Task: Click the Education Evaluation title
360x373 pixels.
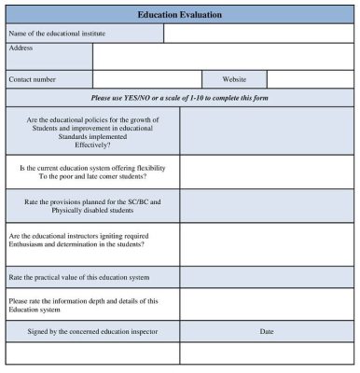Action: (x=179, y=15)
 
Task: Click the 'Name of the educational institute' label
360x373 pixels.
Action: (x=57, y=34)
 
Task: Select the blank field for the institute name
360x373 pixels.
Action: (x=258, y=34)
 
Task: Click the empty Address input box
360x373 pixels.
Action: (x=223, y=57)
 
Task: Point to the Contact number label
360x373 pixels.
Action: (x=33, y=80)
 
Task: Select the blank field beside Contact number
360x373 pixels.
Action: (x=147, y=80)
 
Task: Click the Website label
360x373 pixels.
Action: (x=234, y=80)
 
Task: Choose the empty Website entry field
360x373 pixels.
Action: (x=310, y=80)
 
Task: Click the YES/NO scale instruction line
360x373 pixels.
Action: (x=179, y=98)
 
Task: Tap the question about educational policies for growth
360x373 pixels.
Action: (x=93, y=131)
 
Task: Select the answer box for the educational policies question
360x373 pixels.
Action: (x=267, y=131)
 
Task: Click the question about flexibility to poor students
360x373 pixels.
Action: (x=93, y=173)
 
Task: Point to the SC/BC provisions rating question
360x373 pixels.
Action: (x=93, y=206)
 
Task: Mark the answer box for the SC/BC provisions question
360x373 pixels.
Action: (x=267, y=206)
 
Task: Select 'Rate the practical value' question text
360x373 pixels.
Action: (x=78, y=277)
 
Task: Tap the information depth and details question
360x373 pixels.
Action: (x=83, y=305)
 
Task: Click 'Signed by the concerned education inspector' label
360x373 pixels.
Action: (x=92, y=332)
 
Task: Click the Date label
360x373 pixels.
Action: (x=267, y=332)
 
